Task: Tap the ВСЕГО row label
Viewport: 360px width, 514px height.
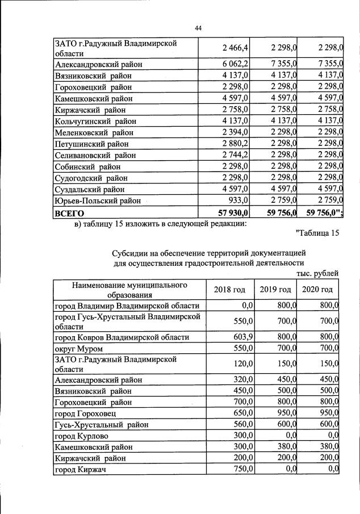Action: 69,213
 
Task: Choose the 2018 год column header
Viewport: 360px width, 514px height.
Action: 229,290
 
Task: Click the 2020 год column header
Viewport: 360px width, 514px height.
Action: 317,290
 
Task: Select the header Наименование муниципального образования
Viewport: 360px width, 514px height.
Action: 129,290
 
